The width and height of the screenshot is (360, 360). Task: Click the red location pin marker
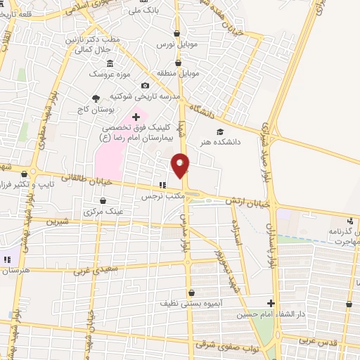[181, 165]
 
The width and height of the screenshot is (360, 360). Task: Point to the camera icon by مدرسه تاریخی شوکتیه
[146, 85]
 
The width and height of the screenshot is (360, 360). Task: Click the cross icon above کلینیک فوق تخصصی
[136, 117]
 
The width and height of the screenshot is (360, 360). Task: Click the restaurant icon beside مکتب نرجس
[162, 185]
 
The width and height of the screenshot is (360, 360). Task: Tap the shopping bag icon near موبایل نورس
[176, 33]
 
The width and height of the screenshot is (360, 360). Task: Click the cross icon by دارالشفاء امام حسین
[269, 304]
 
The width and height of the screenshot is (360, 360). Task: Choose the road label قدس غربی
[321, 342]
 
